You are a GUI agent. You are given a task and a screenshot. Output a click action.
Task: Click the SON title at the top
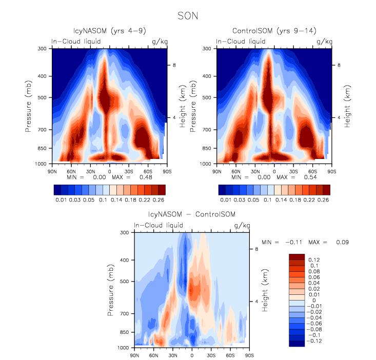click(x=188, y=16)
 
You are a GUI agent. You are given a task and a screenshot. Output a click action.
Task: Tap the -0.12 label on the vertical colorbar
click(x=315, y=340)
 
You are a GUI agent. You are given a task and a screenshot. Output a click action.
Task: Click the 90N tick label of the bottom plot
click(x=135, y=355)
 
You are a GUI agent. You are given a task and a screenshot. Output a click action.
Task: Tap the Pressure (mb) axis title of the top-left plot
click(x=29, y=106)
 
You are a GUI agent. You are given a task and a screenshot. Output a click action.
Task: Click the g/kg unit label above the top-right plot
click(x=324, y=41)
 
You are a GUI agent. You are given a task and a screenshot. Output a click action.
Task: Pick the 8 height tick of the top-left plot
click(x=174, y=66)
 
